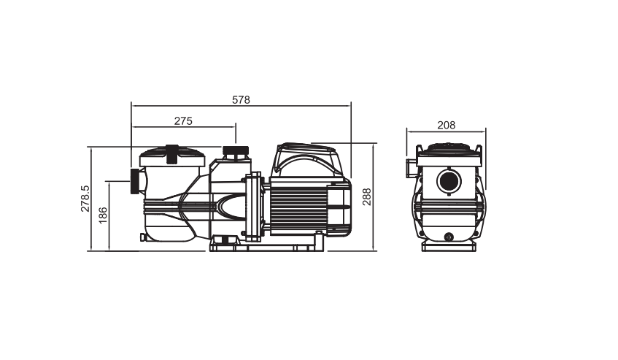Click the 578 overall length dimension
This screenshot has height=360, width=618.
pos(241,100)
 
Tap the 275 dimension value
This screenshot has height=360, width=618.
pos(183,121)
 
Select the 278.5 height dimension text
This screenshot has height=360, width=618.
pos(85,199)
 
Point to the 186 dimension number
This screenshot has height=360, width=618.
pos(103,215)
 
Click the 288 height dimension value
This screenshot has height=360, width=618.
pos(366,196)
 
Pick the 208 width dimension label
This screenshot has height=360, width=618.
pos(446,126)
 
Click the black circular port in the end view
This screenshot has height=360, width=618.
pos(449,181)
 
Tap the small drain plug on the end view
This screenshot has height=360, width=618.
pos(449,237)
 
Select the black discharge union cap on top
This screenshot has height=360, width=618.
pos(236,150)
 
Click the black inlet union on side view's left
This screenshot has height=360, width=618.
pos(135,181)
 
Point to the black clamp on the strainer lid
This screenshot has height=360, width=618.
pos(172,154)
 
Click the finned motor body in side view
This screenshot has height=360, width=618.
pos(299,206)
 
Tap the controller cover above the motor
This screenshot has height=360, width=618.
pos(306,160)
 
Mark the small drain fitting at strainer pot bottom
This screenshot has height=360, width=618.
pos(143,237)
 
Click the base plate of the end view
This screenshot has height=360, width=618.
pos(449,246)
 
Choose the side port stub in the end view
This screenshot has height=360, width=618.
pos(412,169)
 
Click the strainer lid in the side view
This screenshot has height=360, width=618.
pos(172,157)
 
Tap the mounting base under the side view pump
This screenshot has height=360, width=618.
pos(267,244)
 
